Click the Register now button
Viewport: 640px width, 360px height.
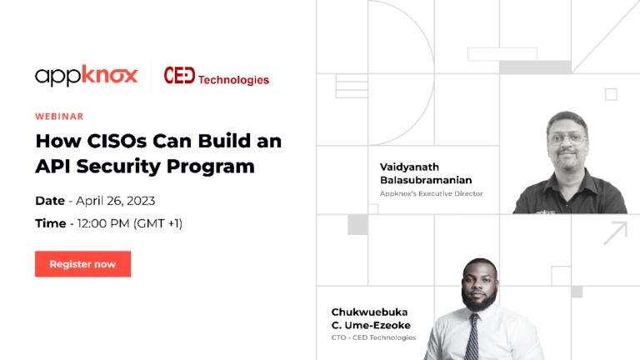[82, 264]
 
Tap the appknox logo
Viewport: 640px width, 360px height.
[87, 76]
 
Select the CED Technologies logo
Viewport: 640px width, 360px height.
[217, 77]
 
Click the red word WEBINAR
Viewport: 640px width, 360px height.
[59, 117]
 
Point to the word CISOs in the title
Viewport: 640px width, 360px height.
[117, 141]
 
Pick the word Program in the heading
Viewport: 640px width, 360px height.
[211, 167]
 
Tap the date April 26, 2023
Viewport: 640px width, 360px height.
[116, 201]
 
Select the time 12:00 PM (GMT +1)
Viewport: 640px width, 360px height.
[130, 223]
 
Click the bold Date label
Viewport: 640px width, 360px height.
[50, 201]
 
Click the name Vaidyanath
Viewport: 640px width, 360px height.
[409, 167]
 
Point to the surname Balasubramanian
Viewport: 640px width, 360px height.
[426, 180]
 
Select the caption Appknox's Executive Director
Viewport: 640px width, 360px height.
[431, 193]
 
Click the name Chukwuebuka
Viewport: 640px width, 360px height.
[369, 312]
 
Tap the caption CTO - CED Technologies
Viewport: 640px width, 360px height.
[373, 337]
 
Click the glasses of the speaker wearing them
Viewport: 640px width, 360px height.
[567, 140]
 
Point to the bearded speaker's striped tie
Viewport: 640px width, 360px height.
[472, 337]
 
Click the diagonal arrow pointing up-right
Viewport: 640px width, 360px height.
[616, 233]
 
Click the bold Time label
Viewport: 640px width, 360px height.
[51, 223]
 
